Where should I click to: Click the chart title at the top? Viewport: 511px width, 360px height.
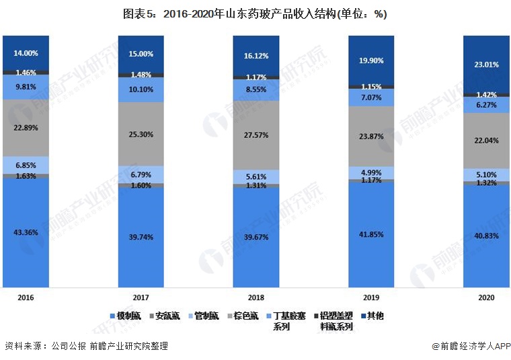pos(255,14)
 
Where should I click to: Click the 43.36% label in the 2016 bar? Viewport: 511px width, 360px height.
pos(25,233)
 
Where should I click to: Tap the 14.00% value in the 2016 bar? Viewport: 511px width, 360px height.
pos(25,52)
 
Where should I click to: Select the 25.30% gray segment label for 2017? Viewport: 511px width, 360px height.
pos(141,134)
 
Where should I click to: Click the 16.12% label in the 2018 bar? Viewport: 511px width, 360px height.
pos(256,56)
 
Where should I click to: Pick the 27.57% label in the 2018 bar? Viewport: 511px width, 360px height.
pos(256,135)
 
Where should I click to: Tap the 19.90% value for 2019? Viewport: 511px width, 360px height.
pos(371,61)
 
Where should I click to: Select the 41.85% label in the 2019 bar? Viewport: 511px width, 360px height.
pos(371,233)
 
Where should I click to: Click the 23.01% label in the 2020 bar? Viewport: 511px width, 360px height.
pos(485,65)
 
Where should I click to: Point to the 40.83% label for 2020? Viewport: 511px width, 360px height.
pos(485,236)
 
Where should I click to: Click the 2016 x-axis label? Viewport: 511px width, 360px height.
pos(25,296)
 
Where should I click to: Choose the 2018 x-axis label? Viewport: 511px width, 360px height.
pos(256,296)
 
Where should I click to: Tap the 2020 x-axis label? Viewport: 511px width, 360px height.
pos(485,296)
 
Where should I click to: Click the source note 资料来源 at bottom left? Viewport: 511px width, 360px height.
pos(85,346)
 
